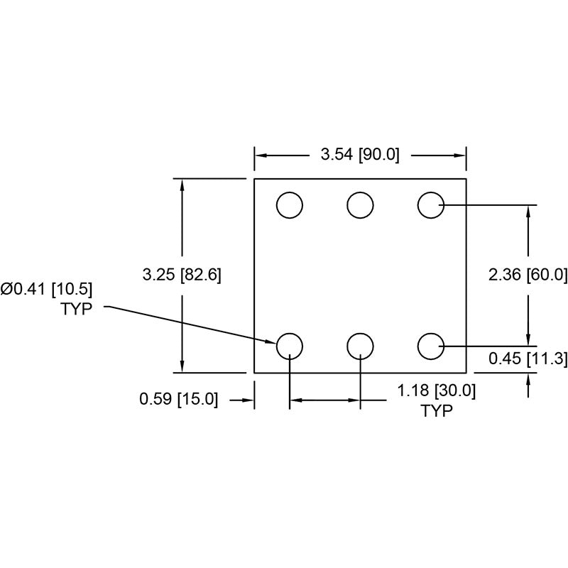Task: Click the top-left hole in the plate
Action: [x=290, y=205]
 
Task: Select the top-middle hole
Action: [x=360, y=205]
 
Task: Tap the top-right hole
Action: [x=430, y=205]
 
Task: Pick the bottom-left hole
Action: [x=290, y=346]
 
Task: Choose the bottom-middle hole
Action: [x=360, y=346]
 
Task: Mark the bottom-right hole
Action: [x=430, y=346]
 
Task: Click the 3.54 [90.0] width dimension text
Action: [x=361, y=154]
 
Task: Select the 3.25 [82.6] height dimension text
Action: [x=182, y=275]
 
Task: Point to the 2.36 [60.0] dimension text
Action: [x=528, y=275]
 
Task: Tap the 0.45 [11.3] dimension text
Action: [x=528, y=359]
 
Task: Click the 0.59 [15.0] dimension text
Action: [x=178, y=400]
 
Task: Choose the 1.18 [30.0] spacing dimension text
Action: [x=436, y=390]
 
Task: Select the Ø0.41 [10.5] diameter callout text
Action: [x=48, y=289]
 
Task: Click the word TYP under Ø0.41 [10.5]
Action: [x=77, y=310]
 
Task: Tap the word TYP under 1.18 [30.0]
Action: [x=437, y=411]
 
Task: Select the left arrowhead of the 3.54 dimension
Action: [x=260, y=155]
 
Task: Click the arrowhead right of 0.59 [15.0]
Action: [x=249, y=400]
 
